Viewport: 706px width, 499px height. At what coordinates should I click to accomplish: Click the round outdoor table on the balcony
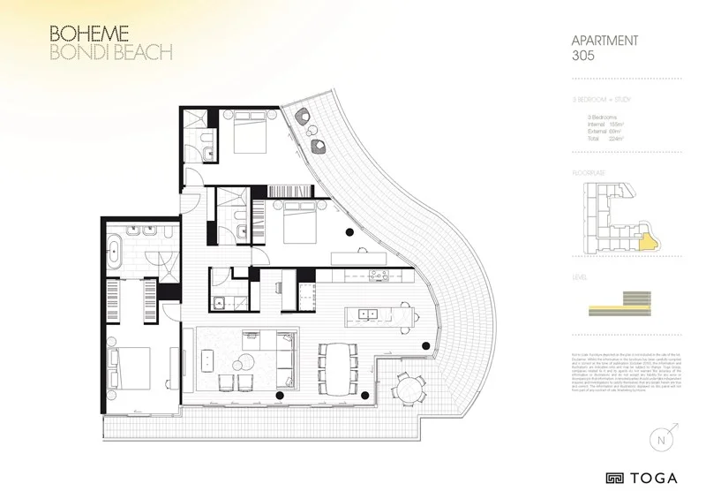(x=407, y=387)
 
